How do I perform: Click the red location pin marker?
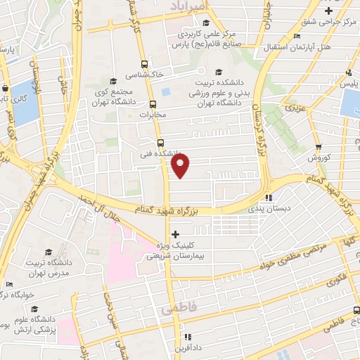pos(181,167)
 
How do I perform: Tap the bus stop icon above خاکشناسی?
pos(145,63)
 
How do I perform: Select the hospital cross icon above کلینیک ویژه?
pos(175,234)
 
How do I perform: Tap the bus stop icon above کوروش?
pos(319,147)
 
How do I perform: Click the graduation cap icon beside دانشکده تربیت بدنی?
pos(218,72)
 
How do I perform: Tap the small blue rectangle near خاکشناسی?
pos(166,91)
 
